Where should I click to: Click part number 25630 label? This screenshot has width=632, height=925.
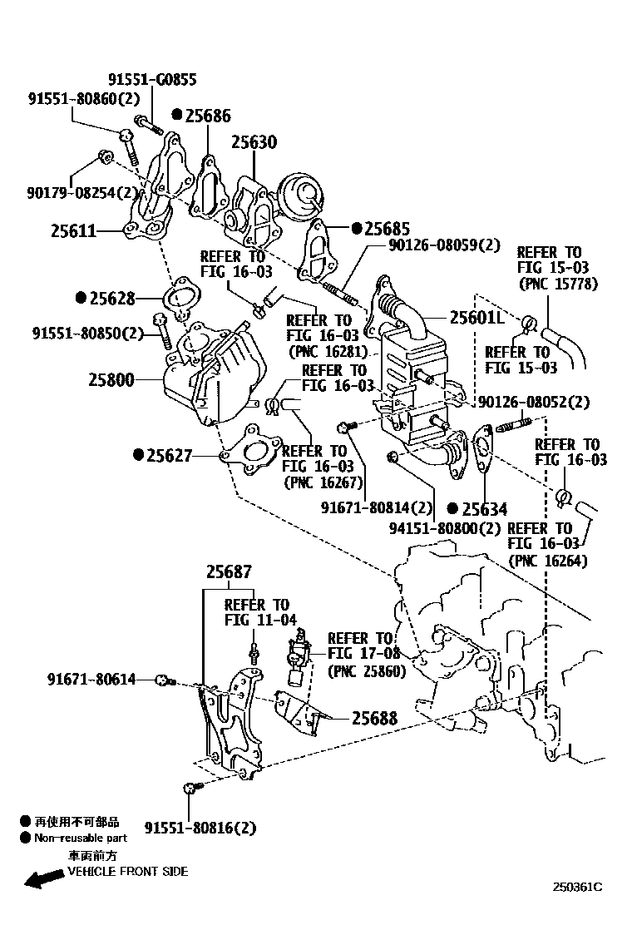pos(254,142)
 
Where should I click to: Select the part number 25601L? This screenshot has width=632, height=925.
pos(477,317)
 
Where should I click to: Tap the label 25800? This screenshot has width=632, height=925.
pos(111,380)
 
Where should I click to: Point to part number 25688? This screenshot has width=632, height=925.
pos(373,718)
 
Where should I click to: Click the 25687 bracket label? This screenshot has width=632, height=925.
pos(229,571)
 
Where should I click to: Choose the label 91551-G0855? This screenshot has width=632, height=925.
pos(152,80)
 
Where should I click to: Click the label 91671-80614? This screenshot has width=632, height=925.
pos(91,680)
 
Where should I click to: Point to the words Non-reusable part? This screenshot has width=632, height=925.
pos(81,838)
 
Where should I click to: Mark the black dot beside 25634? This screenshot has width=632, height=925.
pos(452,508)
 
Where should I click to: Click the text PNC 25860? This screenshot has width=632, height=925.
pos(366,670)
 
